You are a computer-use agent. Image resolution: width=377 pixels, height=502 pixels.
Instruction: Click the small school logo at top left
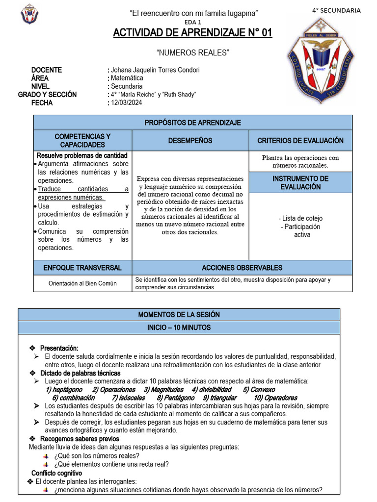pyautogui.click(x=29, y=14)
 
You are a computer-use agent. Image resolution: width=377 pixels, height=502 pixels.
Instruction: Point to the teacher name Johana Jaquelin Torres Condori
pyautogui.click(x=155, y=70)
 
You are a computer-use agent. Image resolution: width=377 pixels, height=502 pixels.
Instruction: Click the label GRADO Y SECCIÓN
pyautogui.click(x=48, y=95)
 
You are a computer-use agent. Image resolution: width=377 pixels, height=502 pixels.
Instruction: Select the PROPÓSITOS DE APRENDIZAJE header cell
pyautogui.click(x=192, y=123)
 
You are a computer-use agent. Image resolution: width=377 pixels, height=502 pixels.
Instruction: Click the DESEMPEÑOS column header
pyautogui.click(x=190, y=141)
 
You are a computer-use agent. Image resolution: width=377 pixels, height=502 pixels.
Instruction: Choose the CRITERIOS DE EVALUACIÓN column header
pyautogui.click(x=300, y=141)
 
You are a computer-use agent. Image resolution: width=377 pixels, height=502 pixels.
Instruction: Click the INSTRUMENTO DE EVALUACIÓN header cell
pyautogui.click(x=300, y=182)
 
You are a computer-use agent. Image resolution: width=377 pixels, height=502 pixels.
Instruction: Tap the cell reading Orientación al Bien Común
pyautogui.click(x=82, y=283)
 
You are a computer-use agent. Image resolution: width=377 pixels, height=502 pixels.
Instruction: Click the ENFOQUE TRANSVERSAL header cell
pyautogui.click(x=82, y=268)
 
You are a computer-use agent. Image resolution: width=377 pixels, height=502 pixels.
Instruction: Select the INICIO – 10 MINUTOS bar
pyautogui.click(x=179, y=327)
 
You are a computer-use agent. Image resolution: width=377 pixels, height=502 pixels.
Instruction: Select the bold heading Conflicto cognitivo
pyautogui.click(x=56, y=473)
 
